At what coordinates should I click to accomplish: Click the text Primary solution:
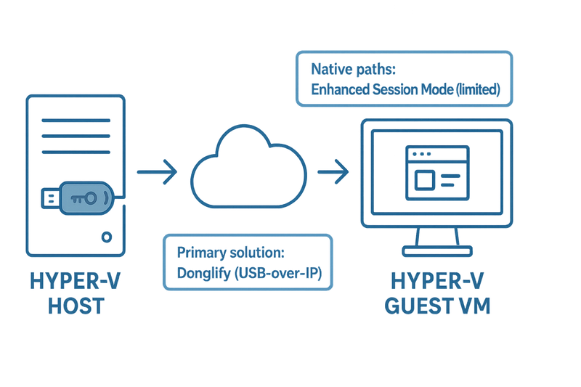coord(229,253)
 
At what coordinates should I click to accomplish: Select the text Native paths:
coord(353,69)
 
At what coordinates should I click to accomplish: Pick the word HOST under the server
coord(76,306)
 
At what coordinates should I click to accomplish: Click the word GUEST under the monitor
coord(419,306)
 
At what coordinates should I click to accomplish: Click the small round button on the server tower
coord(107,237)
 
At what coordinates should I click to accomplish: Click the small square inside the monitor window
coord(426,178)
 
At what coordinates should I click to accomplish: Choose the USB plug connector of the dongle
coord(49,197)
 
